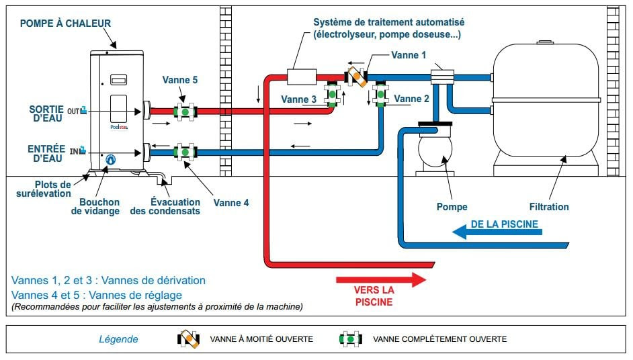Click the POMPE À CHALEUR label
point(65,24)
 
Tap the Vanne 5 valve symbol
point(185,111)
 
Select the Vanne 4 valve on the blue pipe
point(185,152)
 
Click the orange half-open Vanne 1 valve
point(356,76)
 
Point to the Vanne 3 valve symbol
point(331,93)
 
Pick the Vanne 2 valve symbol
point(381,93)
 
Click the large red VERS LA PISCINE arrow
point(381,279)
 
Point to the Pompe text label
point(451,207)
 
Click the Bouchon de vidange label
point(95,206)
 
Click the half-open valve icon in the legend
point(188,339)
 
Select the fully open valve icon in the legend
point(351,339)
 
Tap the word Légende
point(120,339)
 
